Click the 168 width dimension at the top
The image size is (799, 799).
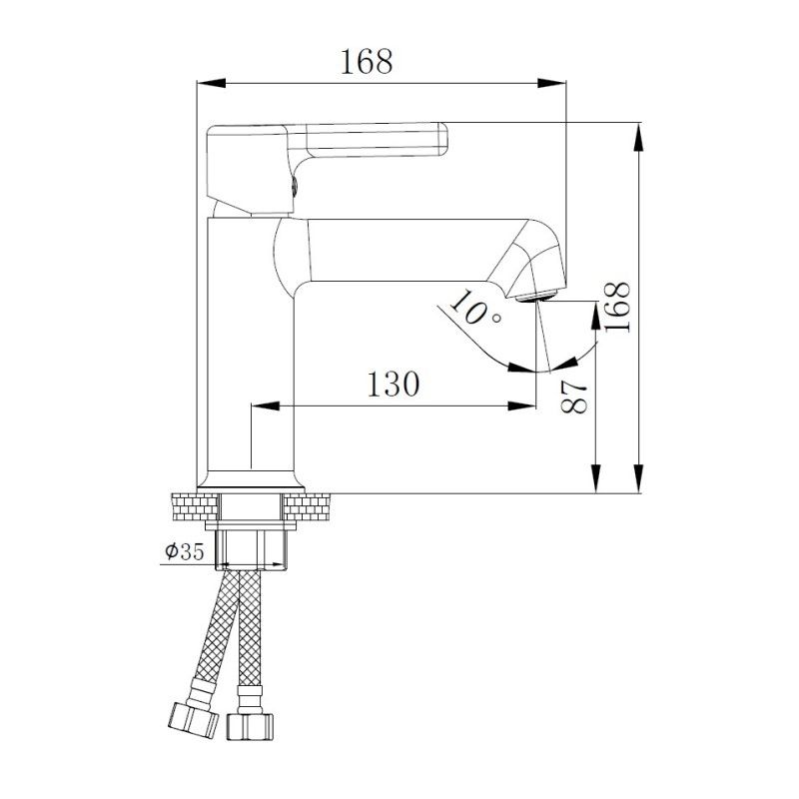[x=367, y=62]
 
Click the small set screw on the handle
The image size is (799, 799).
[x=293, y=183]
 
